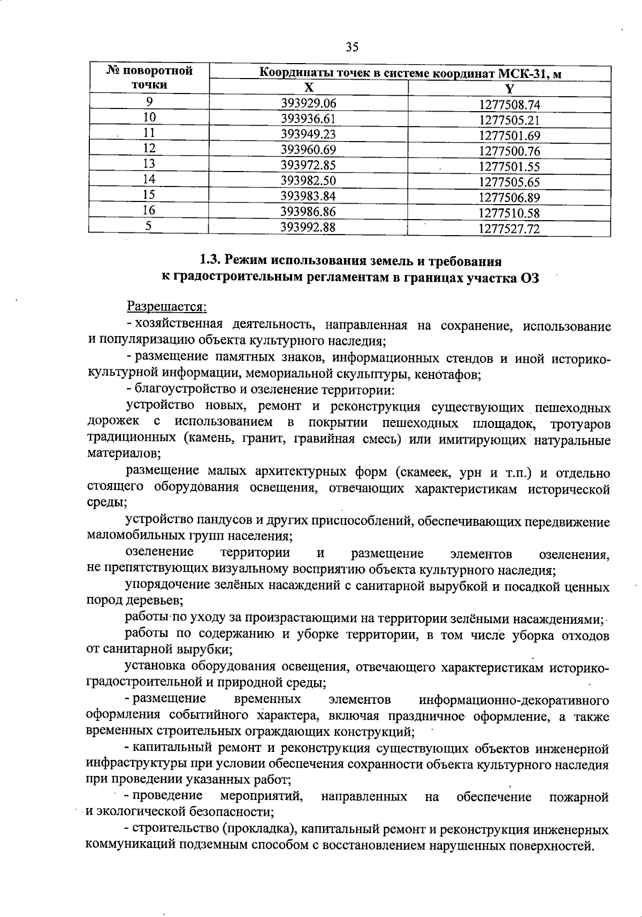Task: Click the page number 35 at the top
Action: click(351, 48)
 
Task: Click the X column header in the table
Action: click(309, 88)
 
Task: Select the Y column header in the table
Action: click(509, 88)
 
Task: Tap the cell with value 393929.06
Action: click(309, 103)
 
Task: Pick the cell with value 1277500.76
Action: click(509, 151)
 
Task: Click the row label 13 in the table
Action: click(149, 164)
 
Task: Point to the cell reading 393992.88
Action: click(309, 227)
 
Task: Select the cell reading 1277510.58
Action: click(509, 213)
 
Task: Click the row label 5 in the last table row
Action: click(149, 226)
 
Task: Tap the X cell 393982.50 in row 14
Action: click(309, 180)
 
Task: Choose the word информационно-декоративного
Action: click(514, 700)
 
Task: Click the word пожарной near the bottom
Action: click(579, 797)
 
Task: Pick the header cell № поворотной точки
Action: click(149, 78)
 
